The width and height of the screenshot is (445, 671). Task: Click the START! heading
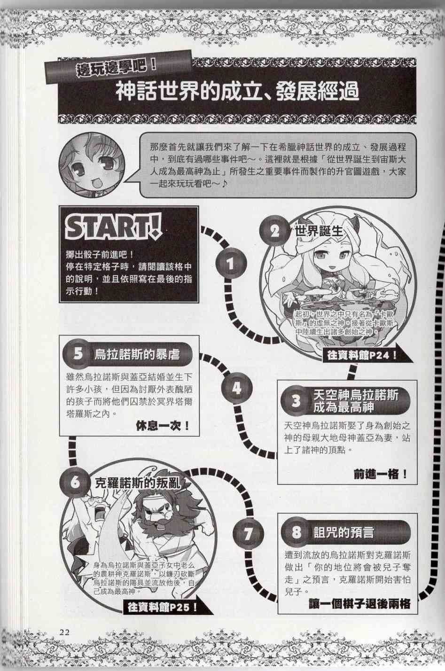click(x=114, y=228)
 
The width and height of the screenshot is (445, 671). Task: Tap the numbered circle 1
click(x=230, y=265)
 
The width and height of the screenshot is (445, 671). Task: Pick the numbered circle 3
click(x=296, y=401)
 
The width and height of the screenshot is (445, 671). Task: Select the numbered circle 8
click(x=297, y=532)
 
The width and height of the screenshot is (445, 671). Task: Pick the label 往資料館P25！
click(x=161, y=607)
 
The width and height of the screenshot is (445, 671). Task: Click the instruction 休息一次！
click(x=163, y=426)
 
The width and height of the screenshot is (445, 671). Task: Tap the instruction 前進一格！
click(x=380, y=475)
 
